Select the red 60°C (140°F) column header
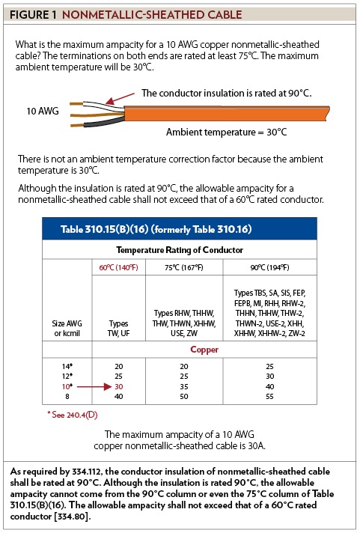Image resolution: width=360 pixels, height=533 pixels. [x=114, y=266]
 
